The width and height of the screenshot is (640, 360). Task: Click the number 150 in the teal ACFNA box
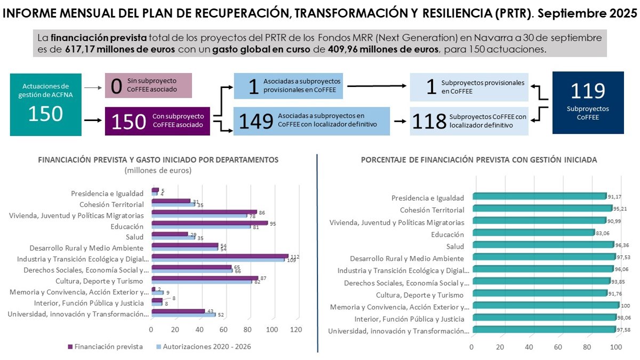[45, 114]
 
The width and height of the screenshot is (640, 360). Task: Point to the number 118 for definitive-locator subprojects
[428, 122]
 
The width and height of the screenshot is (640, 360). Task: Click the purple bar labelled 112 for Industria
[220, 256]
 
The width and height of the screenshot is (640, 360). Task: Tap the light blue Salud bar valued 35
[173, 237]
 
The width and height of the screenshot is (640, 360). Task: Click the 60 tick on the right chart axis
[558, 347]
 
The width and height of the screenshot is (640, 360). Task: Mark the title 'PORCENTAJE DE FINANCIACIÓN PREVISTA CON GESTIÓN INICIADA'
[479, 159]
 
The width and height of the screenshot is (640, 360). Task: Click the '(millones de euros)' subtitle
[158, 171]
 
